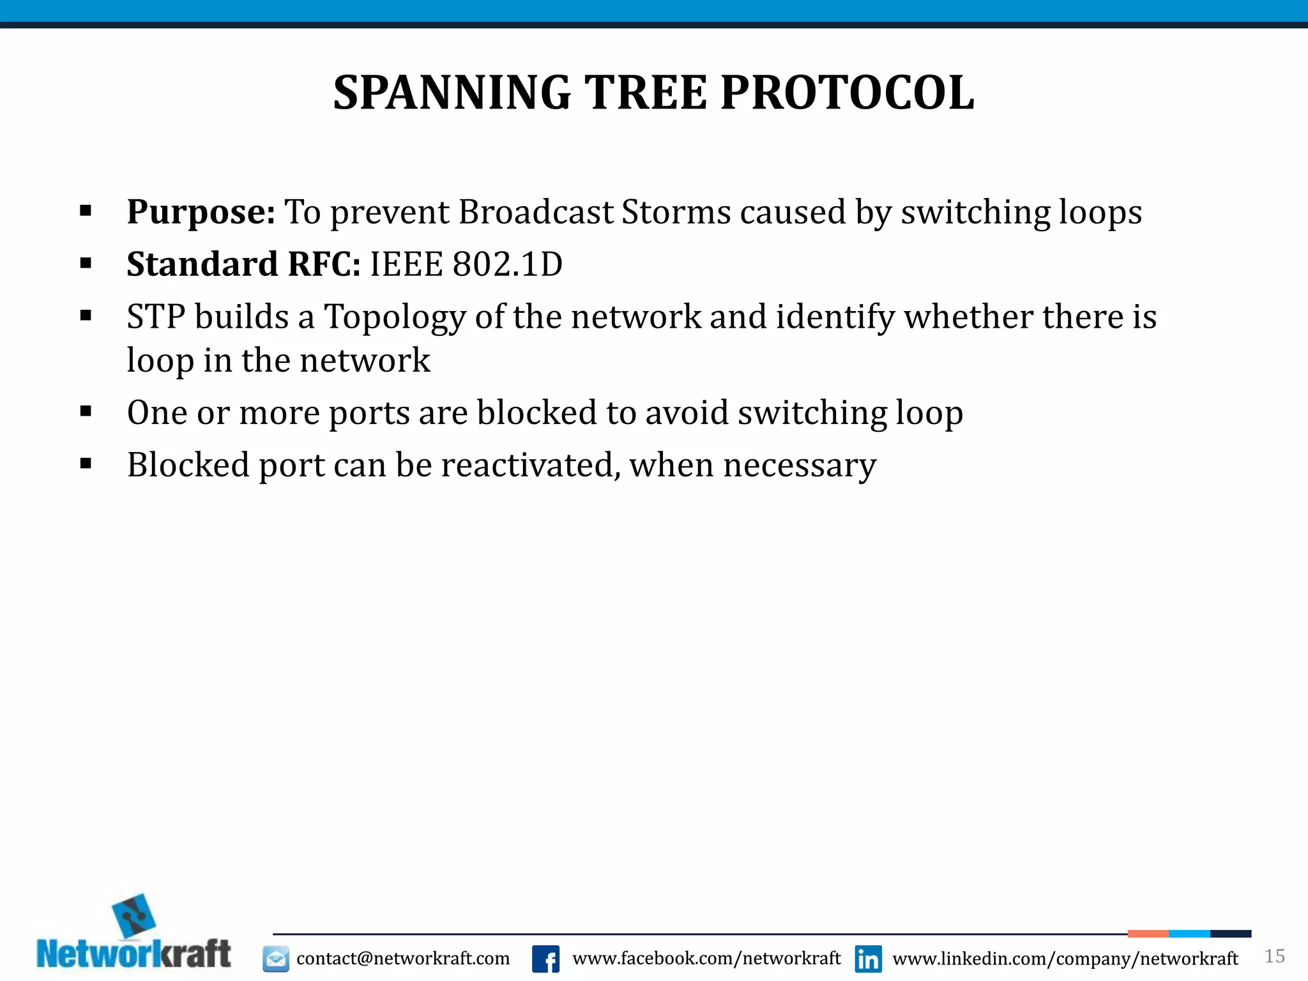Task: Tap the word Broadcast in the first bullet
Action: point(536,212)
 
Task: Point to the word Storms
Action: point(676,212)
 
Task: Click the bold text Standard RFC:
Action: point(243,264)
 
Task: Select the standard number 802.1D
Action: point(508,264)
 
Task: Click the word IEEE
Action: point(406,264)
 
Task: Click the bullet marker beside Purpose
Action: point(86,211)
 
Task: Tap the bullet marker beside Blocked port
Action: point(86,464)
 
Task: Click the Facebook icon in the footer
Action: point(545,959)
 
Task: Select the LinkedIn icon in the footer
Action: point(869,959)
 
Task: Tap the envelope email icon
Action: point(276,959)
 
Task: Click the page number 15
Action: point(1274,956)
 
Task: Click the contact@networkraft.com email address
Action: point(403,959)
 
